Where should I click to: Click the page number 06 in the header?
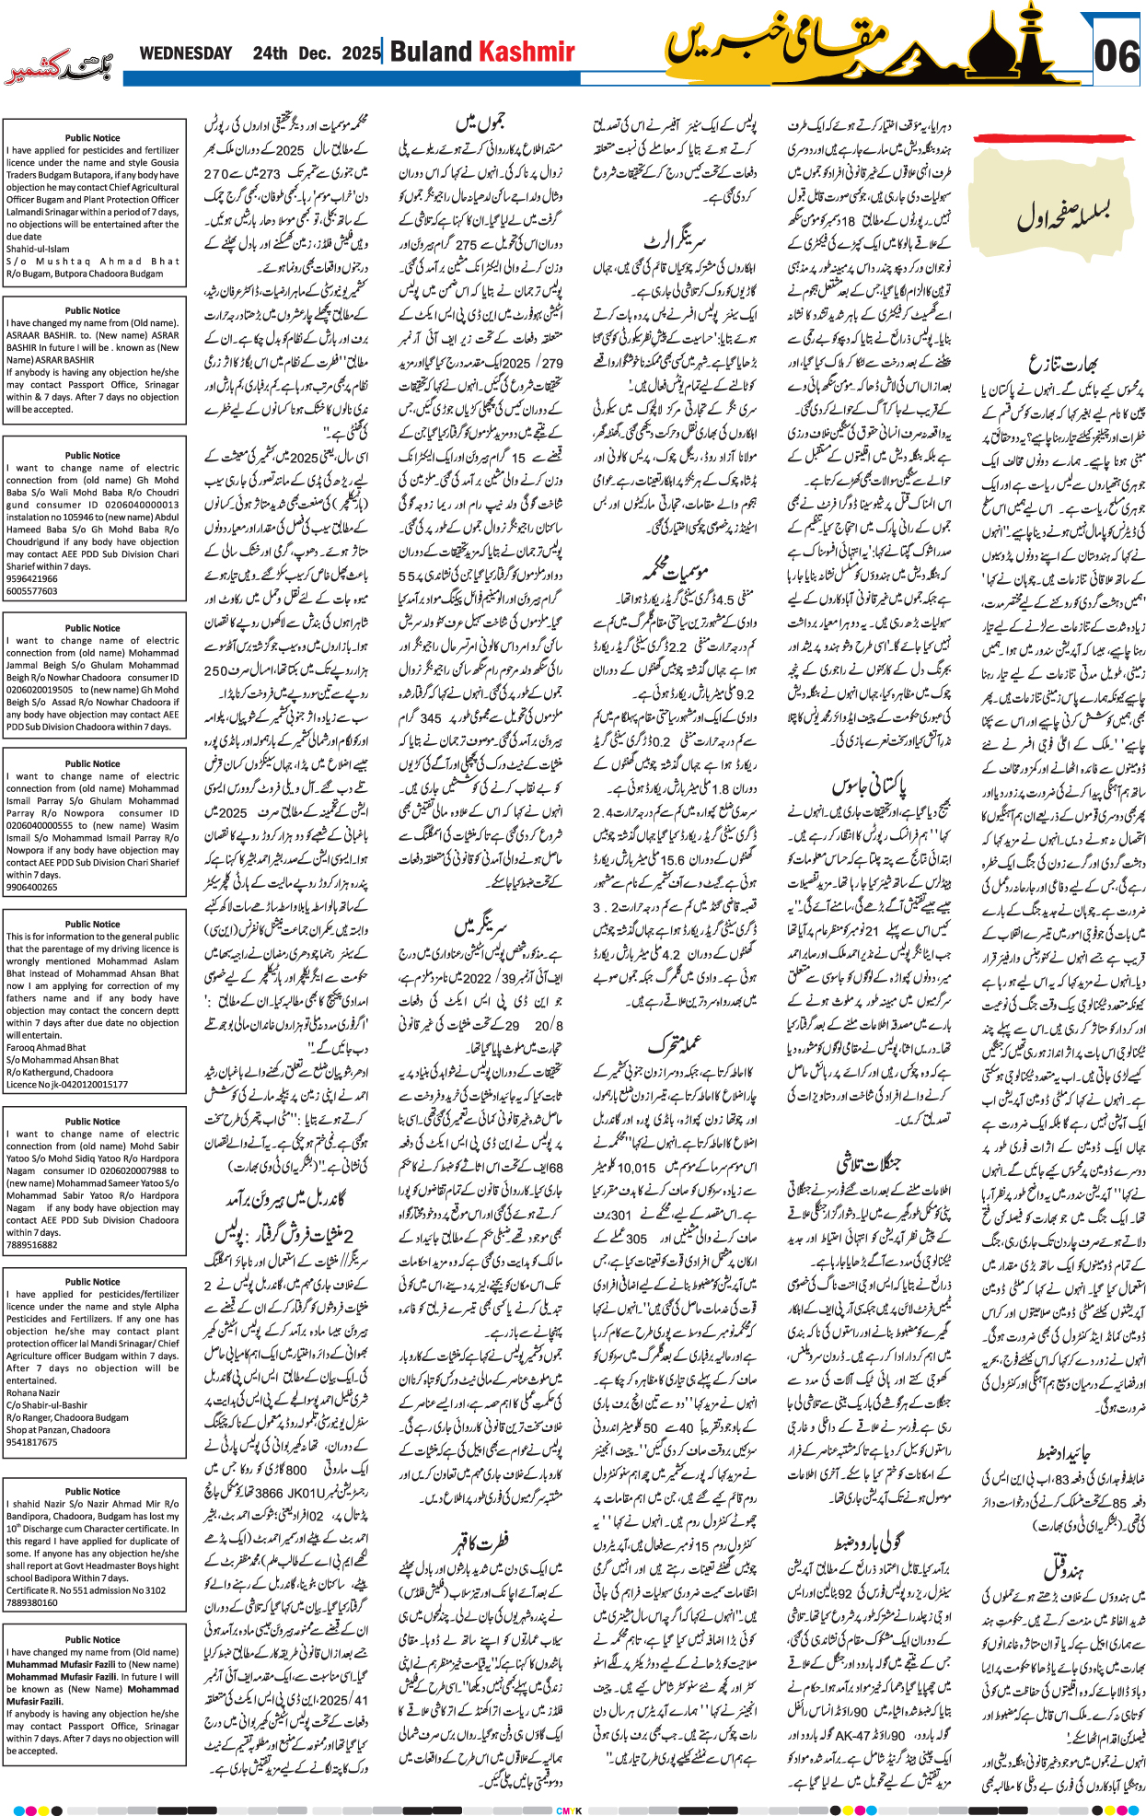tap(1117, 57)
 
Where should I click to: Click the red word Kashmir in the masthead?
tap(527, 52)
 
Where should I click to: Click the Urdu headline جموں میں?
tap(480, 122)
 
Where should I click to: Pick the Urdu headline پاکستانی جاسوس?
tap(868, 786)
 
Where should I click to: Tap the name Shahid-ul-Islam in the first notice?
tap(38, 249)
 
